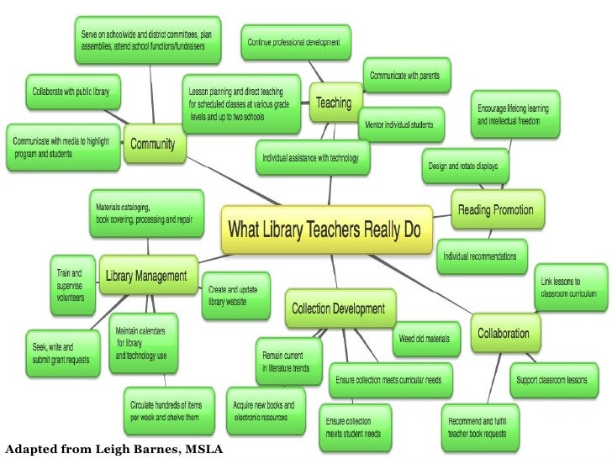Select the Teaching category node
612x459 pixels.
[x=333, y=103]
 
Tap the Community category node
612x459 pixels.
[x=152, y=144]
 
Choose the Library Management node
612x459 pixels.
[x=145, y=275]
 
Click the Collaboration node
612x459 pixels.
[x=504, y=333]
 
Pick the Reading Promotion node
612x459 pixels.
[x=499, y=209]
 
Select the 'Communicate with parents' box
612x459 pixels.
[x=407, y=75]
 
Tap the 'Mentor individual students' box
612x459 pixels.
[x=399, y=124]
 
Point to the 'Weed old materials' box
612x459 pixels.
[x=425, y=339]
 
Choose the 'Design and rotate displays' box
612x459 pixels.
[x=464, y=166]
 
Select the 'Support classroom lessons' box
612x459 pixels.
[x=551, y=379]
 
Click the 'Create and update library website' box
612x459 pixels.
[x=228, y=294]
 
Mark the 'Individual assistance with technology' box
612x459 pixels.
[x=311, y=157]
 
